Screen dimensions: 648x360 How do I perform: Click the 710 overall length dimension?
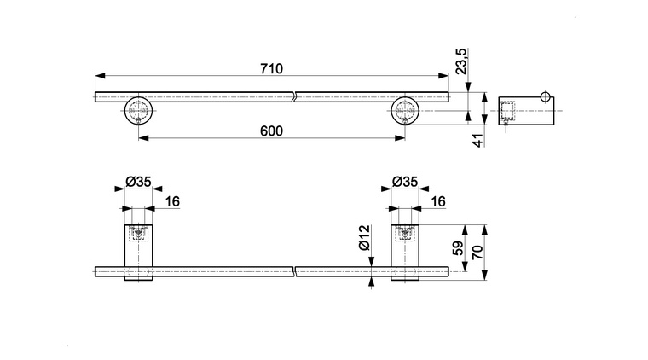[x=271, y=68]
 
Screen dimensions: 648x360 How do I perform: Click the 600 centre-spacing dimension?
[x=271, y=131]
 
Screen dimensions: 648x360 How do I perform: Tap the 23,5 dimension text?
[x=461, y=61]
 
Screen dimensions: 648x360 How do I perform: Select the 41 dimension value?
[x=478, y=141]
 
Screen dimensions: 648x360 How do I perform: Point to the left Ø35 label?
[x=138, y=182]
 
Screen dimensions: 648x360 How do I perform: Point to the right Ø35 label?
[x=405, y=182]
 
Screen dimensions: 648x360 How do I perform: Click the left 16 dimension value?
[x=172, y=201]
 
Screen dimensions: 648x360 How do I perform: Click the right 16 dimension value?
[x=438, y=201]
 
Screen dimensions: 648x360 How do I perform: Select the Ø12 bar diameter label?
[x=364, y=238]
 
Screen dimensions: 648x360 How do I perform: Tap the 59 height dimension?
[x=459, y=249]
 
